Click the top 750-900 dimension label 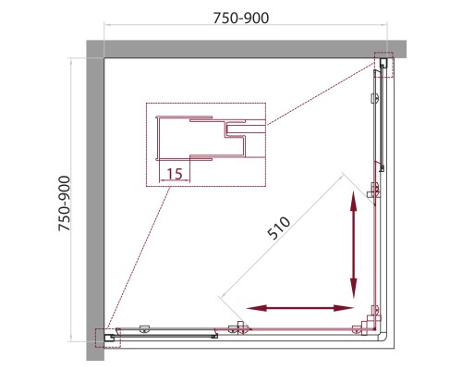pos(241,18)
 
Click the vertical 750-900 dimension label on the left pos(65,203)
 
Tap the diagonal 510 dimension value pos(279,228)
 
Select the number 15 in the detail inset pos(175,174)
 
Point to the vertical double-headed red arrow pos(354,244)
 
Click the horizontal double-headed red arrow pos(299,308)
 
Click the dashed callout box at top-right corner pos(383,65)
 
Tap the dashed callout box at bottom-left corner pos(108,339)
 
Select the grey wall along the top pos(246,49)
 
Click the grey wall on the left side pos(95,201)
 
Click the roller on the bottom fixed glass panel pos(144,328)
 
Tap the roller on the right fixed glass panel pos(375,98)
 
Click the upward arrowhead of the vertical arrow pos(354,201)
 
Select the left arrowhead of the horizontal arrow pos(256,308)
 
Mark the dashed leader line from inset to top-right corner pos(321,93)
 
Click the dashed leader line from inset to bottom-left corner pos(139,258)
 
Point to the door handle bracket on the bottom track pos(239,327)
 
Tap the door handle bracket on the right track pos(374,191)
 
